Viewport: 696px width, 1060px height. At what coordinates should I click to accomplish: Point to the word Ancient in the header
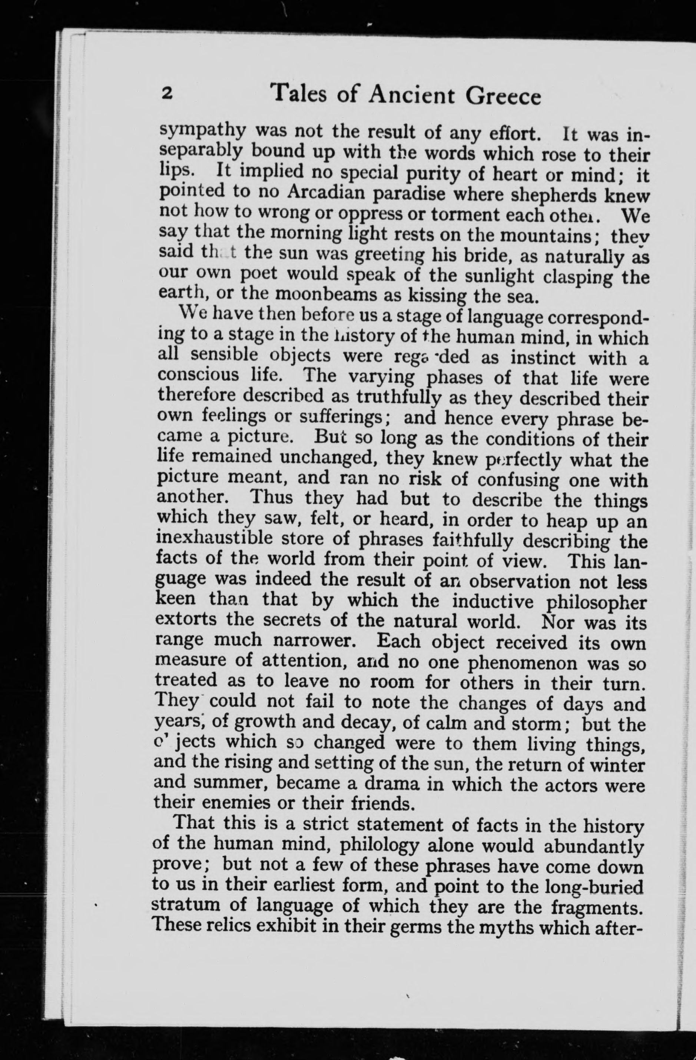pos(407,95)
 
